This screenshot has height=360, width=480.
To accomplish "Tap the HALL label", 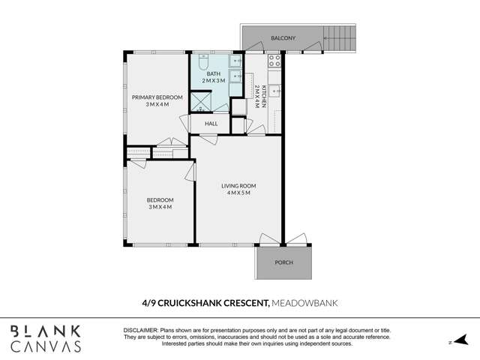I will tap(211, 123).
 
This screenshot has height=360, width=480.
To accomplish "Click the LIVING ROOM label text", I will tap(238, 186).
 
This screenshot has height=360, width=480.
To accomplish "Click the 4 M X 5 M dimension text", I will tap(238, 193).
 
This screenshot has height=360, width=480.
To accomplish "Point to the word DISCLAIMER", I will tap(139, 331).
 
